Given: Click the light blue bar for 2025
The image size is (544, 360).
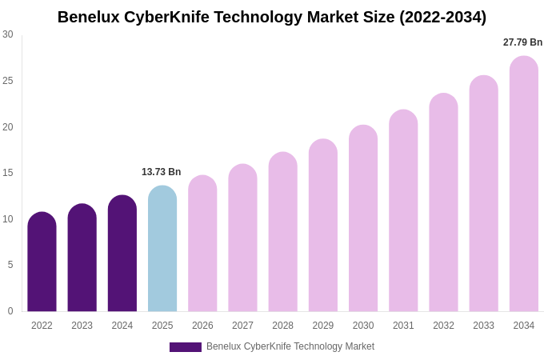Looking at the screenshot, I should pos(162,249).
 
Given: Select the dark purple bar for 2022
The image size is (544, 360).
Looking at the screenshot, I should pos(42,262).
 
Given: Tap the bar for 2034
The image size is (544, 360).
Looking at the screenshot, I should pos(524,184).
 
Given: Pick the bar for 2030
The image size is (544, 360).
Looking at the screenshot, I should pos(363,218).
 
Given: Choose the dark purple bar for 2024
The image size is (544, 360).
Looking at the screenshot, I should pos(122,254).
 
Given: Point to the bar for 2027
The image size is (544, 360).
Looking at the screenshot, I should pos(242,238).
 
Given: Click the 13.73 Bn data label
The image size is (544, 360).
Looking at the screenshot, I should pos(162,172).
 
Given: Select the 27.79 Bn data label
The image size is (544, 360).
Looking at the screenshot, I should pos(522,42).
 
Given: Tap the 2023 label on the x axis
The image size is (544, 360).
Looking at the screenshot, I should pos(82,326).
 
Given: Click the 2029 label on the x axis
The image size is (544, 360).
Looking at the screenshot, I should pos(323,326).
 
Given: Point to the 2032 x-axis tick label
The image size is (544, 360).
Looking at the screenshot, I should pos(443,326).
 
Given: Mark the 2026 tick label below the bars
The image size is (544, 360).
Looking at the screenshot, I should pos(202,326).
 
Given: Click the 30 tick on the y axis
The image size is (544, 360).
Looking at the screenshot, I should pos(8,34).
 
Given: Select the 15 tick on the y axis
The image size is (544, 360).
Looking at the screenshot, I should pos(8,173).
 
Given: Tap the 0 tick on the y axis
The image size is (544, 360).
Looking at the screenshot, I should pos(10,311).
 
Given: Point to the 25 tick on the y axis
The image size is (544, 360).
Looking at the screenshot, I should pos(8,81).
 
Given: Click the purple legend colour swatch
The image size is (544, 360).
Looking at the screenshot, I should pos(186,347).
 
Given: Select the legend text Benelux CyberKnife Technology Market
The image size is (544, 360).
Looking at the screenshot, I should pos(290,346).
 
